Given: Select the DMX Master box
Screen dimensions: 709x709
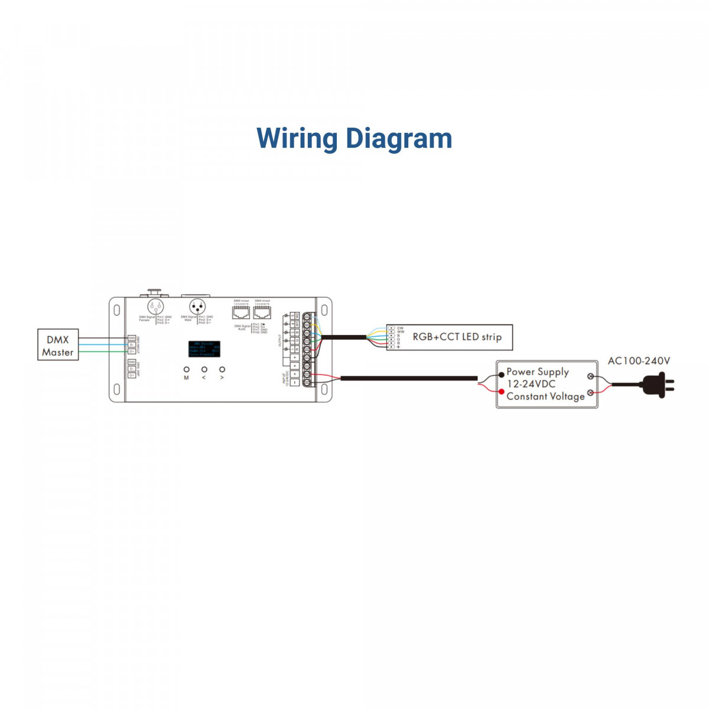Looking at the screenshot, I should (x=58, y=346).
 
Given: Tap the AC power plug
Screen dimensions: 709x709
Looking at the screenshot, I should (x=658, y=385).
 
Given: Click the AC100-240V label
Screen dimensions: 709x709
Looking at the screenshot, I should (x=639, y=361).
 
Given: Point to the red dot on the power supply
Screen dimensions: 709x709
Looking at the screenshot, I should (x=502, y=392).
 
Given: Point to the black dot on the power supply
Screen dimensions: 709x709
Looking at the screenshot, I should (x=502, y=375).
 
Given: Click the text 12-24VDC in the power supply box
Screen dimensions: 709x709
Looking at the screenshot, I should (x=531, y=384).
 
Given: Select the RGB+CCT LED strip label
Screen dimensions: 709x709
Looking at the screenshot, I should (x=457, y=337).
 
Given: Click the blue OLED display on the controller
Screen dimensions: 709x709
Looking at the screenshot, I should (x=204, y=349).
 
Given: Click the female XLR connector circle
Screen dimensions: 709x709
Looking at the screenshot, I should (x=155, y=307).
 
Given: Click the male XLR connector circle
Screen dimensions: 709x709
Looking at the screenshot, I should (x=197, y=307).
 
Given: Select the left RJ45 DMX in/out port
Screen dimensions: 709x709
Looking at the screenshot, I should (x=241, y=313).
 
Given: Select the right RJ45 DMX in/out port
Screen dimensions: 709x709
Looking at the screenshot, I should (x=262, y=313).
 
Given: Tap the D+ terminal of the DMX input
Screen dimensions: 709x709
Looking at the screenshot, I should (x=131, y=352).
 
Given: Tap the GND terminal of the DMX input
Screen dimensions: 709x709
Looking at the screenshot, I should (x=131, y=338).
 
